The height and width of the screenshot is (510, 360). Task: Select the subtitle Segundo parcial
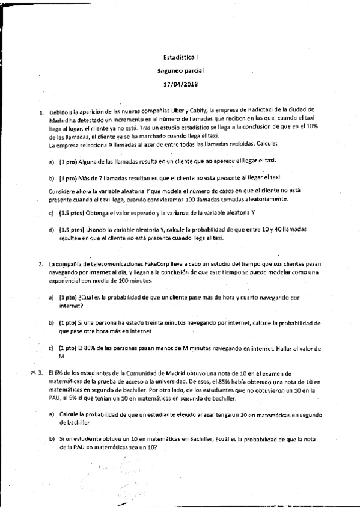click(x=180, y=70)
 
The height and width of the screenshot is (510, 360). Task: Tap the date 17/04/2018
click(x=180, y=84)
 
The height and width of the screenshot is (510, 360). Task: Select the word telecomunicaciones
click(x=106, y=263)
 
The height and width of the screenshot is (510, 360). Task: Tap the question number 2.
click(x=40, y=263)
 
